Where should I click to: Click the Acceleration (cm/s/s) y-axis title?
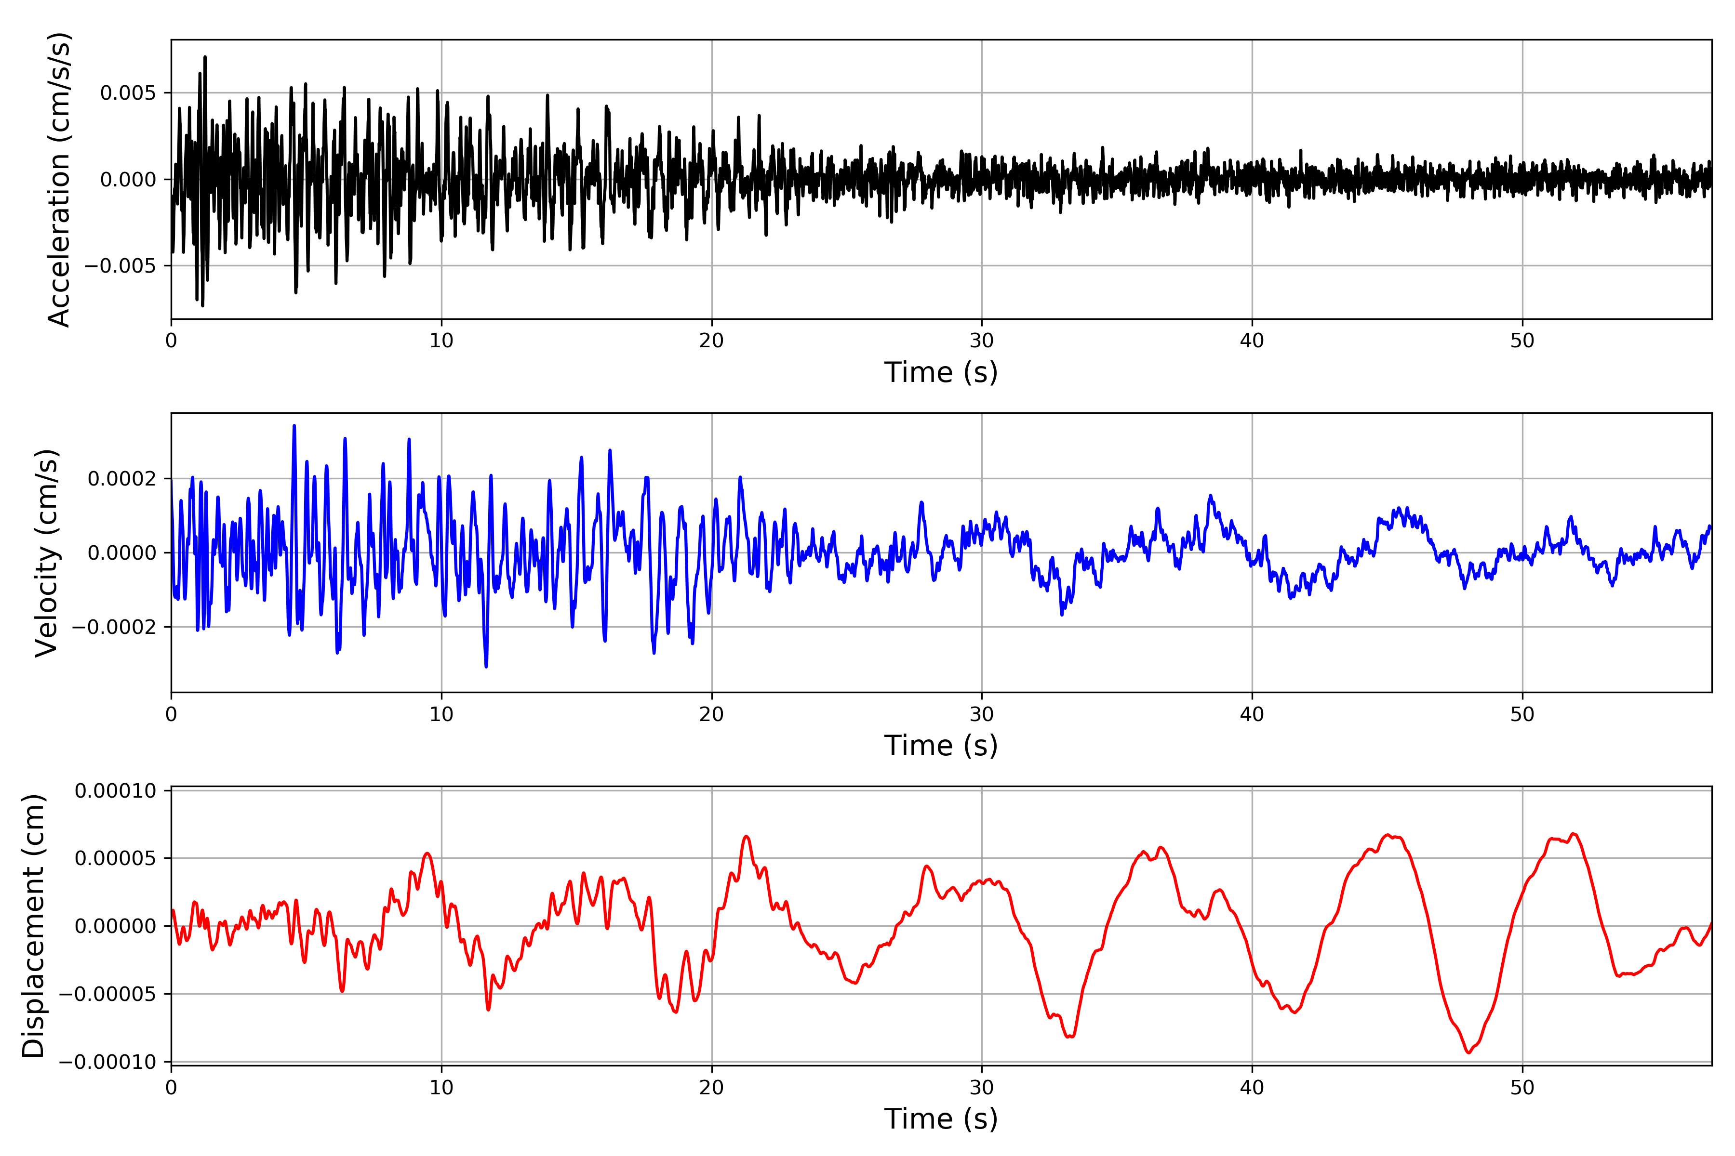58,179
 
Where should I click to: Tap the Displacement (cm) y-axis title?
33,926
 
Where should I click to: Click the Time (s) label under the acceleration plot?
941,372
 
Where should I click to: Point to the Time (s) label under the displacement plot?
941,1119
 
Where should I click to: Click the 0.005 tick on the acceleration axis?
128,93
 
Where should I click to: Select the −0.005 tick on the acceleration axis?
120,265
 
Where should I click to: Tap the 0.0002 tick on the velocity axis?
122,479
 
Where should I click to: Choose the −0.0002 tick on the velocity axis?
114,628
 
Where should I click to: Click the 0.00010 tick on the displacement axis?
116,791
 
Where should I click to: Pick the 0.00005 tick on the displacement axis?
116,858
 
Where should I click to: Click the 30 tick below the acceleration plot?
982,341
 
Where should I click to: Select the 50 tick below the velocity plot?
1522,714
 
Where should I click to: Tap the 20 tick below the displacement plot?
712,1088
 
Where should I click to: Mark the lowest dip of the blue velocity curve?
486,667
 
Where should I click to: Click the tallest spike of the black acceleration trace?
205,57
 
